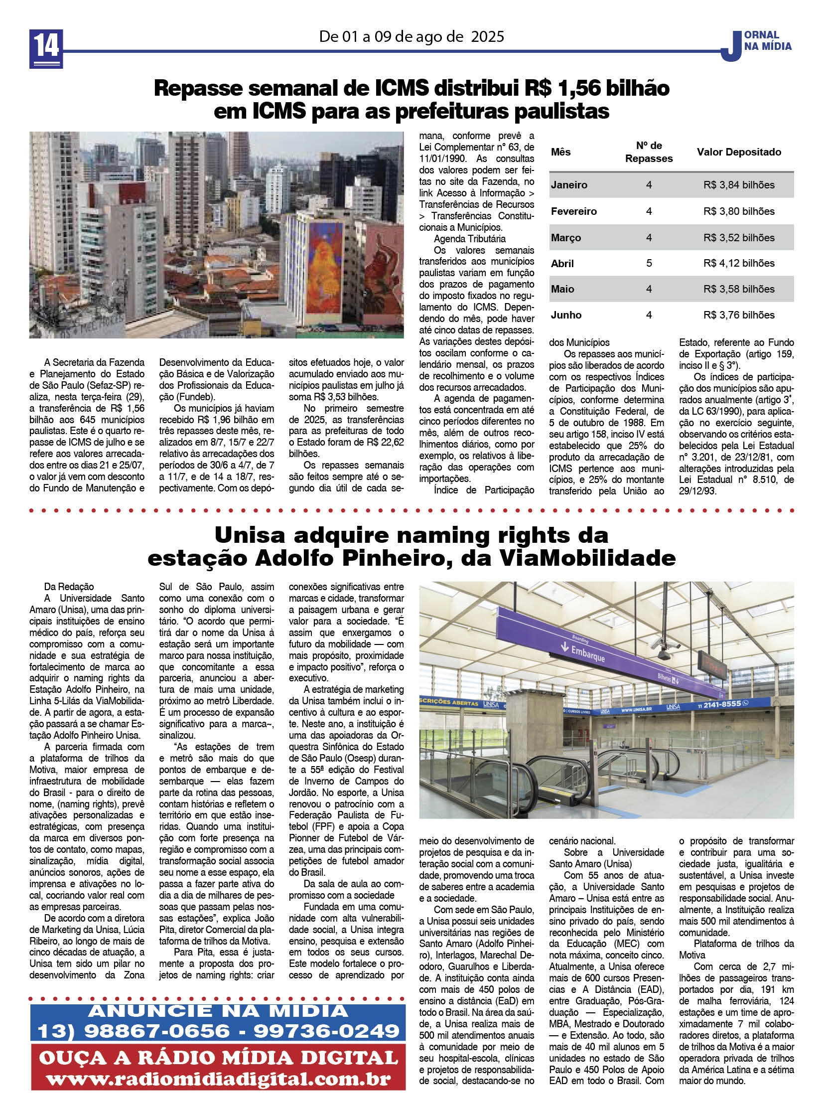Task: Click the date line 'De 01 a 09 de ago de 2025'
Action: (412, 36)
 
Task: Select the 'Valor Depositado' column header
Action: (739, 152)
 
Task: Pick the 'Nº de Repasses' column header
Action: (649, 152)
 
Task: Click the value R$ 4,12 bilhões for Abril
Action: (739, 263)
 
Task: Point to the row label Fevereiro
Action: (573, 211)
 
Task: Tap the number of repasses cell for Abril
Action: (649, 263)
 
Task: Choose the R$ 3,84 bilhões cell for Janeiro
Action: (739, 184)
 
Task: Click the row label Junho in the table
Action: (566, 315)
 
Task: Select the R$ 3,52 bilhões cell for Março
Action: (739, 238)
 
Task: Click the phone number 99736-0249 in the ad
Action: (327, 1031)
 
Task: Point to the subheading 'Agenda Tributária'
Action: (469, 239)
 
